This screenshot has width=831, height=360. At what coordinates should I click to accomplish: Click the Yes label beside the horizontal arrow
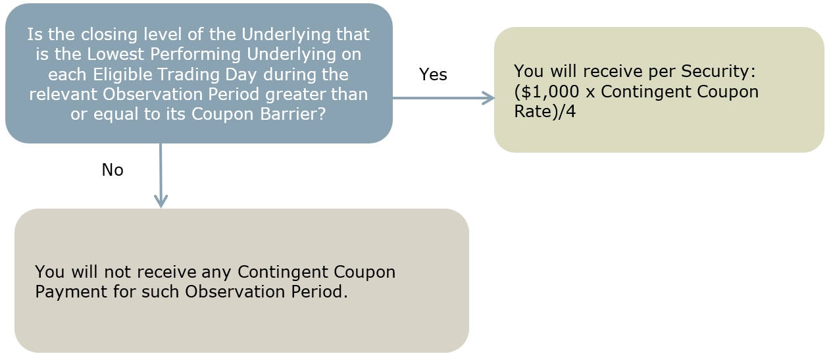click(x=433, y=74)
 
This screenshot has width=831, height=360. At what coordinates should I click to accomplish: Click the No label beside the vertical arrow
click(x=113, y=170)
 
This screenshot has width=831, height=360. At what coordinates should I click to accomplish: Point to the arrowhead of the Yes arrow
click(x=490, y=98)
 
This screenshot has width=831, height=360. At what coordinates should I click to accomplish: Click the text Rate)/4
click(x=545, y=111)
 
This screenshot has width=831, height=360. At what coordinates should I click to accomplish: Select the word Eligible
click(x=122, y=74)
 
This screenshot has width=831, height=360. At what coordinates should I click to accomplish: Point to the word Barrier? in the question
click(x=293, y=114)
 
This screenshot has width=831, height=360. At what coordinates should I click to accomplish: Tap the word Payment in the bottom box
click(x=71, y=292)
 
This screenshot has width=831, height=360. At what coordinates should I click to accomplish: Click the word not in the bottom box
click(x=117, y=272)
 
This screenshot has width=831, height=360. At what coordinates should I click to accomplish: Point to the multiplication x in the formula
click(x=590, y=93)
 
